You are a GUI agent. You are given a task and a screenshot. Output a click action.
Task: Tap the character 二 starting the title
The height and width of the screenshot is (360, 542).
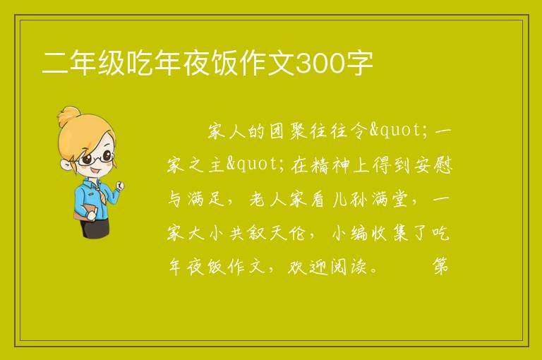pos(55,64)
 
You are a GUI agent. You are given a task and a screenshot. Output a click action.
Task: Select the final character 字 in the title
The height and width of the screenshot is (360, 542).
pos(360,64)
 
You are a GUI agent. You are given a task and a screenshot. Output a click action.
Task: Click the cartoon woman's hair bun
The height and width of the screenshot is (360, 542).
pos(68,116)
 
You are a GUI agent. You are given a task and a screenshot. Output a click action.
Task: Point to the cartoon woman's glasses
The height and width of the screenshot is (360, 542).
pos(95,158)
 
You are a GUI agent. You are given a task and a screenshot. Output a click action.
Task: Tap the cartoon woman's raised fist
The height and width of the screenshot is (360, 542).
pos(120,186)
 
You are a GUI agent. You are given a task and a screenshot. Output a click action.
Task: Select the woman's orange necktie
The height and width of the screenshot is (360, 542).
pos(98,193)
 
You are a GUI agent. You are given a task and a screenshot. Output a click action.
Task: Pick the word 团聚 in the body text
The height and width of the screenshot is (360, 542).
pos(288,131)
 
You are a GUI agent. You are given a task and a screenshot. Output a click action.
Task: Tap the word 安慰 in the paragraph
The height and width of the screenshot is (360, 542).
pos(433,165)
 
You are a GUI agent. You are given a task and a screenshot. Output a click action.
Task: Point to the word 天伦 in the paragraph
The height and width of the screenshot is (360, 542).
pos(287,233)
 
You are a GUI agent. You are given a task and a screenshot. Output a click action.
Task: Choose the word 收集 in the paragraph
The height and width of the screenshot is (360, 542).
pos(390,233)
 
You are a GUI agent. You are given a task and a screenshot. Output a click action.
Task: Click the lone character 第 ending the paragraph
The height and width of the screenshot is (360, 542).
pos(440,266)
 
